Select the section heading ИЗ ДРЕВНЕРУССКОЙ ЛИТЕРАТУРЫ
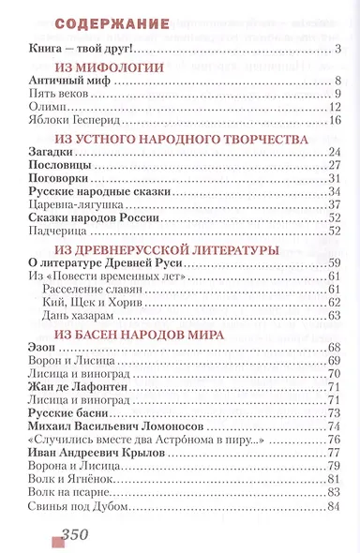coord(164,250)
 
